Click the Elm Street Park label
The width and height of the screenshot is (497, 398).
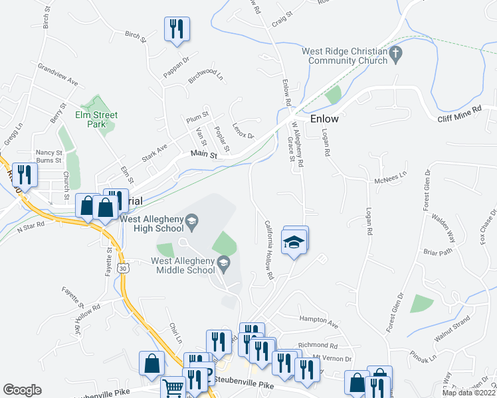(96, 119)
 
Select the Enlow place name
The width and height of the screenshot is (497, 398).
(324, 119)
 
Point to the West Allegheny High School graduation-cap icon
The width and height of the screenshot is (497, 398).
(192, 221)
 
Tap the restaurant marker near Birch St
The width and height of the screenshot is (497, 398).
(177, 29)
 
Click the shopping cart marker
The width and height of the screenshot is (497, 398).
(173, 387)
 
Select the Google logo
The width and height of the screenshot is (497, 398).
(22, 390)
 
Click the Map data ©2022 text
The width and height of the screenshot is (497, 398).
(468, 393)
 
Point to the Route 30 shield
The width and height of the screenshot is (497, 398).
(122, 267)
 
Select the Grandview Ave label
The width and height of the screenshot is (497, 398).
(58, 75)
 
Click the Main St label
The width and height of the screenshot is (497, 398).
(204, 154)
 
